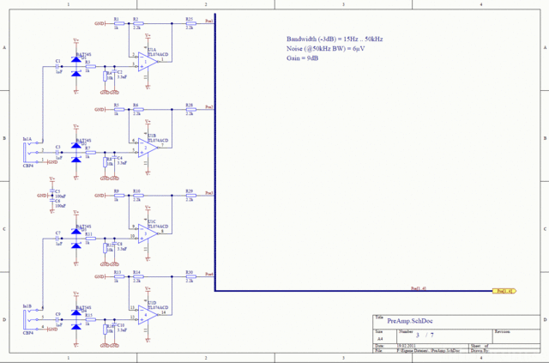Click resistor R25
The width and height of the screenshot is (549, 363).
pos(189,25)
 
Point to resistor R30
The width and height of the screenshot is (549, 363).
pos(189,276)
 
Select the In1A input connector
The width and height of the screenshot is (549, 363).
pos(27,151)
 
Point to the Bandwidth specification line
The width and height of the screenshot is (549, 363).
pos(335,40)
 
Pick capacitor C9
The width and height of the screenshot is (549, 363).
pos(58,319)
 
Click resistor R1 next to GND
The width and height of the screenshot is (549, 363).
pos(117,25)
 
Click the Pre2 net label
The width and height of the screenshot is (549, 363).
pos(209,108)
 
